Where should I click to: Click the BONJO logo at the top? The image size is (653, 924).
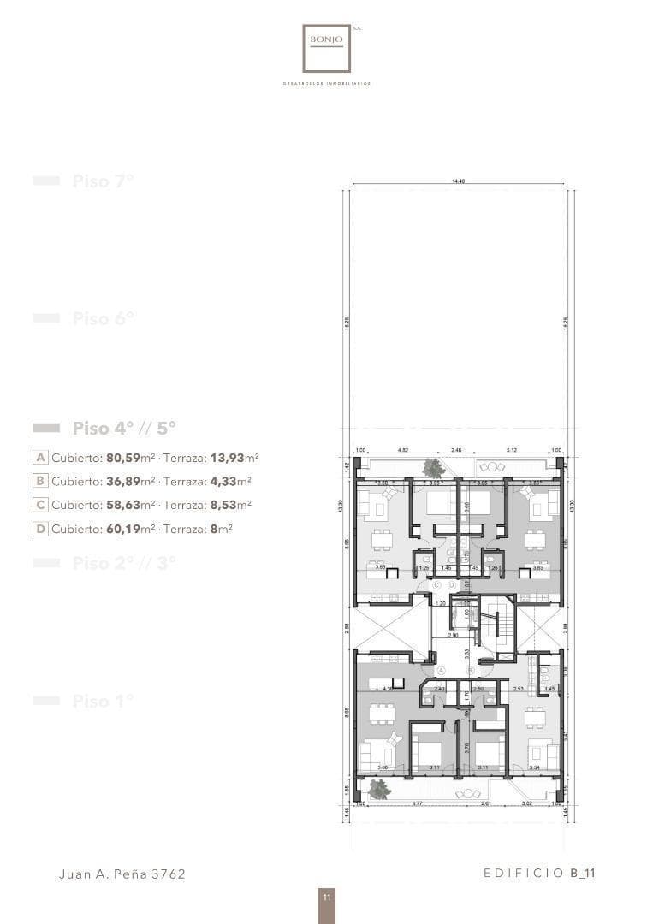[x=326, y=49]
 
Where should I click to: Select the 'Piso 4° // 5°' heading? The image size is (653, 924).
[x=124, y=428]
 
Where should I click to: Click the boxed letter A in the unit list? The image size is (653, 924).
[x=40, y=457]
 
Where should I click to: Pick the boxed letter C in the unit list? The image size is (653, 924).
[x=40, y=505]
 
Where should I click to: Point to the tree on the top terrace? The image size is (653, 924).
[x=434, y=467]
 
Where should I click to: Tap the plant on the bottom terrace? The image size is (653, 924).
[x=380, y=789]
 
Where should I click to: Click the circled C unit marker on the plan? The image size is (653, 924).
[x=436, y=584]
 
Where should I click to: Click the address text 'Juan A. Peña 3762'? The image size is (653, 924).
[x=122, y=874]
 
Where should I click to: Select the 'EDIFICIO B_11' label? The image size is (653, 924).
[x=538, y=873]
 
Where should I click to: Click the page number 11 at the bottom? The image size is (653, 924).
[x=326, y=897]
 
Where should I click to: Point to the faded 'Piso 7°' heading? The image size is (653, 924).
[x=103, y=181]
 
